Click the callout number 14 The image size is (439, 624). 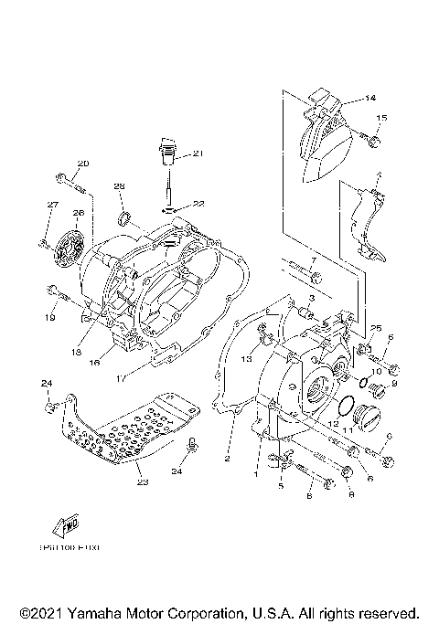point(370,98)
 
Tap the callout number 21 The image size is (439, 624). point(198,153)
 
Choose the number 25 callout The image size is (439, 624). point(375,328)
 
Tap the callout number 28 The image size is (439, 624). point(119,186)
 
